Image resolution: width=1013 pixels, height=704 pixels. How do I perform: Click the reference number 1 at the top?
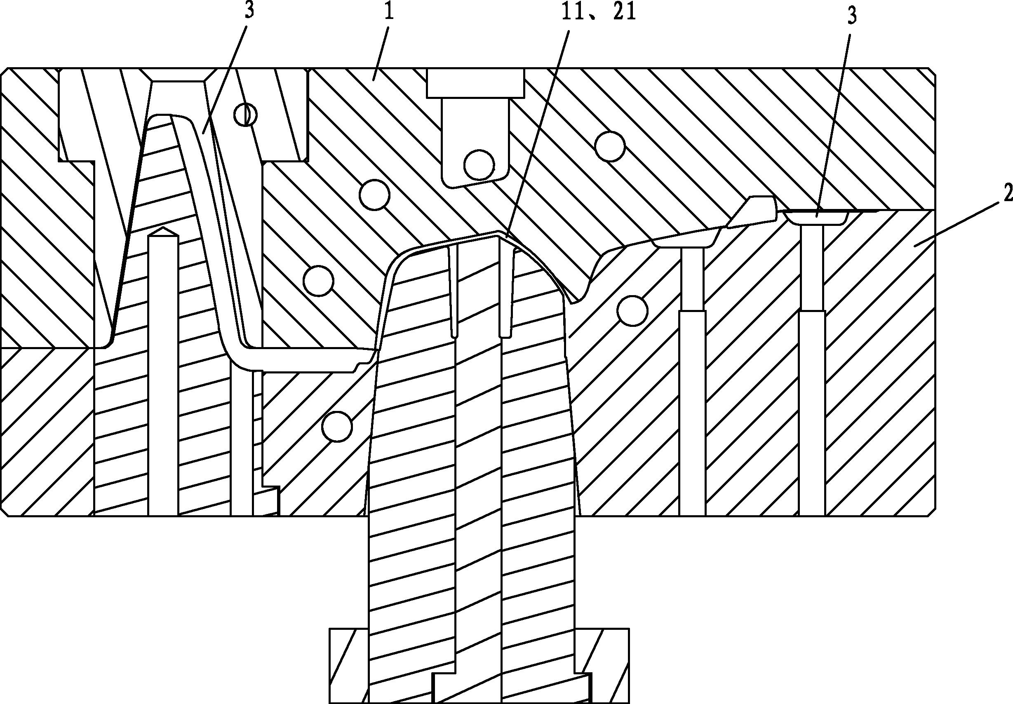tap(389, 12)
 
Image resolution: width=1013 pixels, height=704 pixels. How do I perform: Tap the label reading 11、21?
tap(598, 12)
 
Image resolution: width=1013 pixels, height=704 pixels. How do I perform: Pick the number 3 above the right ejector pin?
tap(852, 16)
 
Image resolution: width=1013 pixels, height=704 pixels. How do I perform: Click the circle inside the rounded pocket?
tap(479, 165)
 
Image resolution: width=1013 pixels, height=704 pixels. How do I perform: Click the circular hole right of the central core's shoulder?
tap(632, 311)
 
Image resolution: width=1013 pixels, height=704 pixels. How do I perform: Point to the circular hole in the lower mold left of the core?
tap(338, 427)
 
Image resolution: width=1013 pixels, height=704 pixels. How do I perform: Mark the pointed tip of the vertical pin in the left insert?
tap(163, 228)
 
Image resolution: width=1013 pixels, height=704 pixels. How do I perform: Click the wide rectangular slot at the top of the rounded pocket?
tap(475, 83)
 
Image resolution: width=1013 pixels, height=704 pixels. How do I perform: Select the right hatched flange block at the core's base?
tap(602, 666)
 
